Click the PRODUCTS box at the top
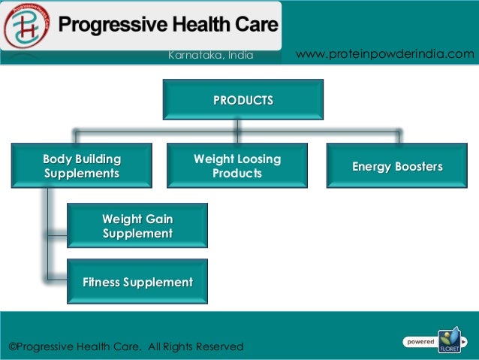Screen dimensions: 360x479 [x=243, y=100]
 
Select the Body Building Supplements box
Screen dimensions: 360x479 [x=82, y=166]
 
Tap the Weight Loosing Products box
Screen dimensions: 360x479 [x=237, y=166]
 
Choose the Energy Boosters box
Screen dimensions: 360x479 [x=398, y=166]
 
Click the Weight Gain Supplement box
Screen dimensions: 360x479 [x=137, y=226]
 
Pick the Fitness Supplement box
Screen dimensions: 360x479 [x=137, y=283]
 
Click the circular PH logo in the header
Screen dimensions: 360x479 [x=26, y=26]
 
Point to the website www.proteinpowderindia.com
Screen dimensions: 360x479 [x=386, y=54]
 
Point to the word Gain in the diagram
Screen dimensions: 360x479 [x=158, y=219]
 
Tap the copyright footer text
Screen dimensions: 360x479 [x=126, y=346]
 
